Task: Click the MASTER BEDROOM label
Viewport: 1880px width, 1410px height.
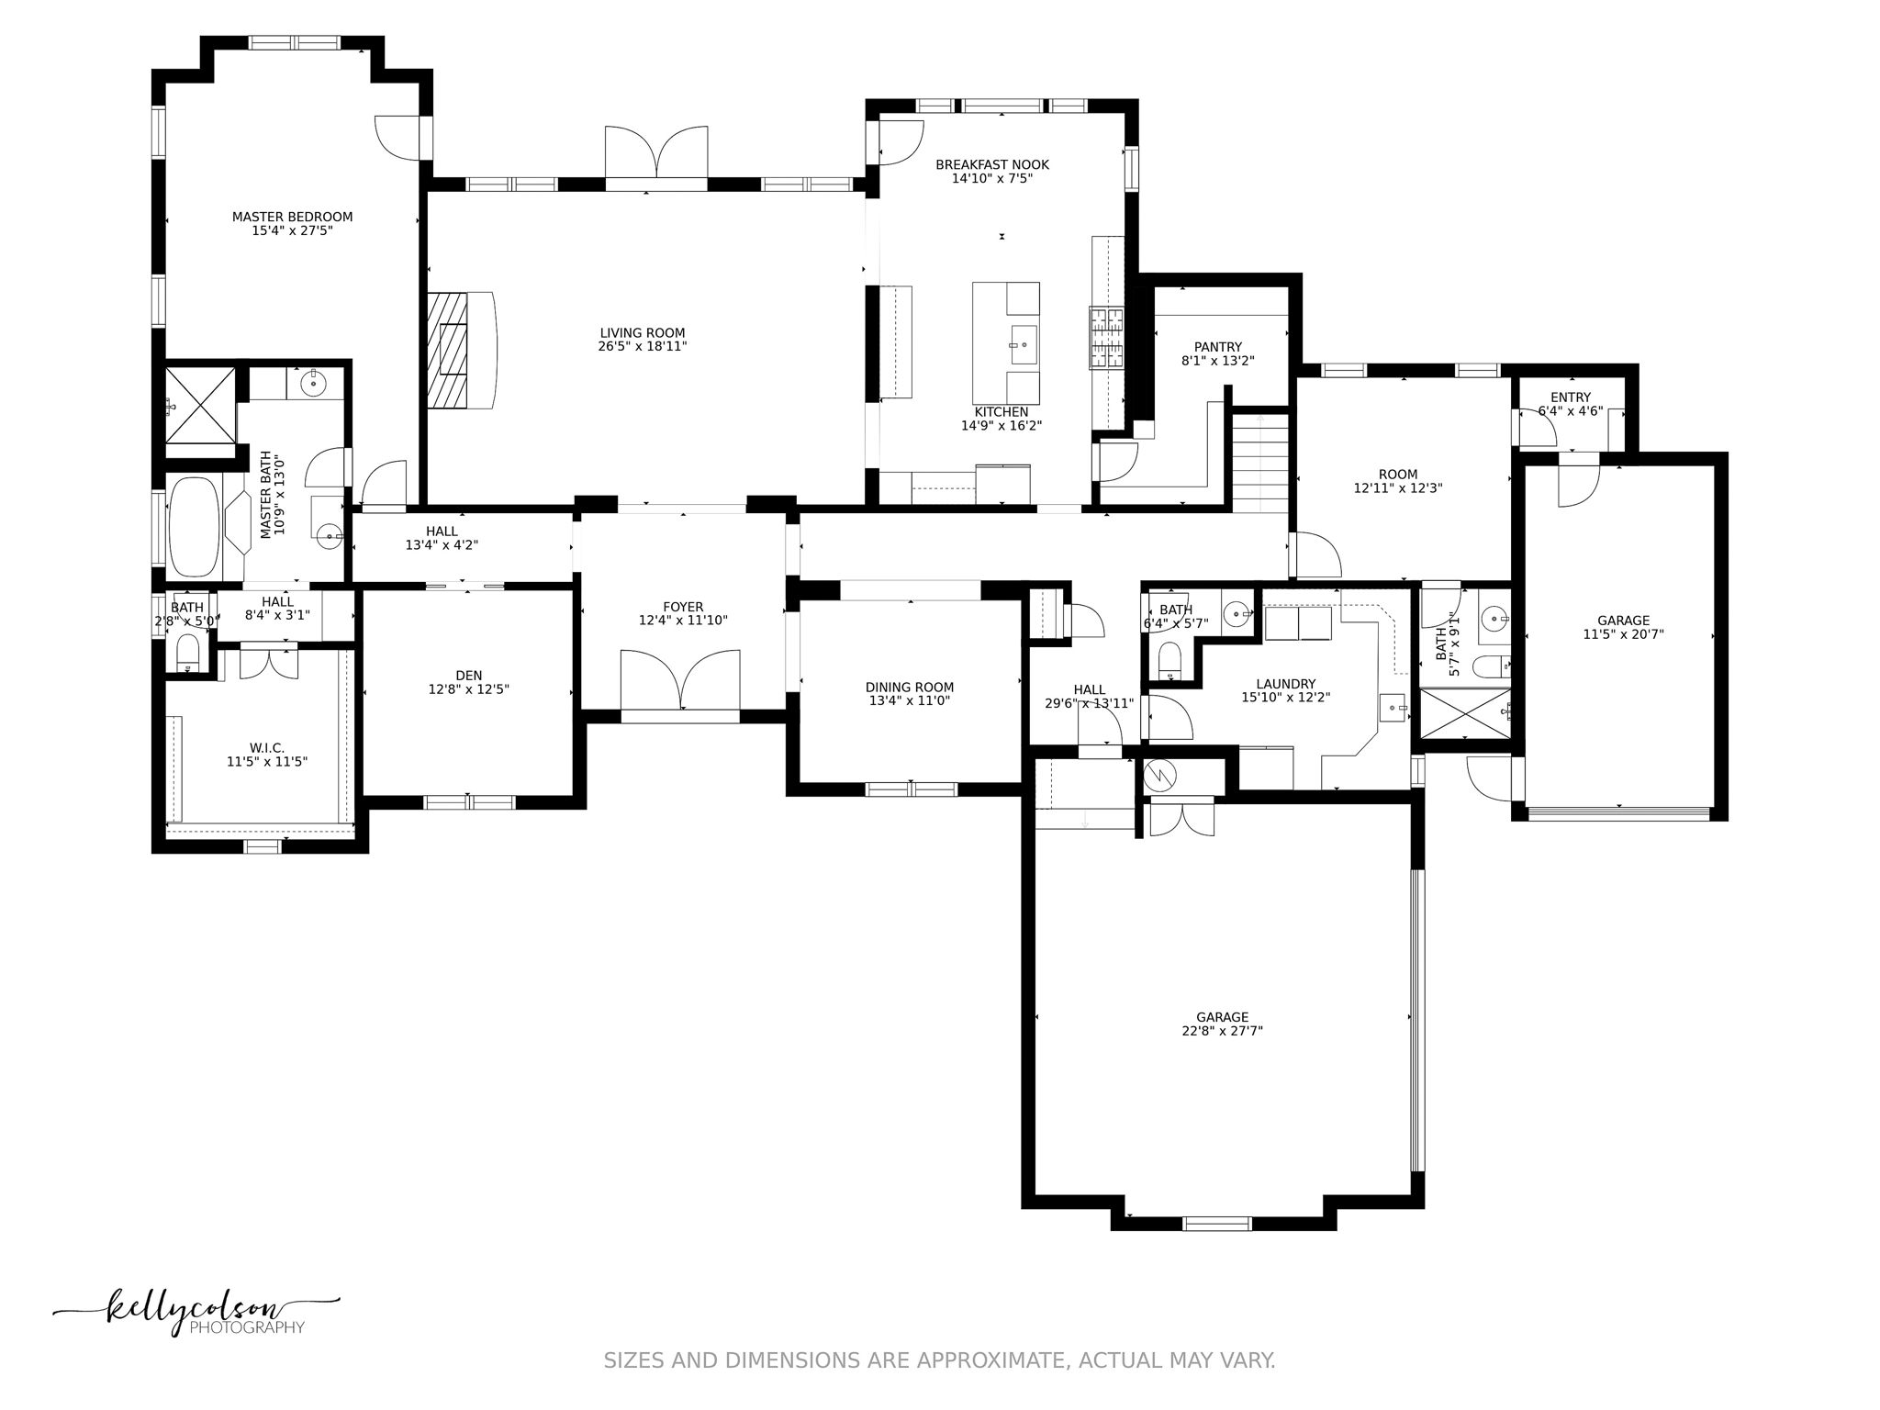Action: (292, 217)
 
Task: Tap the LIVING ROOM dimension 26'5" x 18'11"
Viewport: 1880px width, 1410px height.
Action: (642, 347)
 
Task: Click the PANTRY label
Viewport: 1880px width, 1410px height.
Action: (1217, 347)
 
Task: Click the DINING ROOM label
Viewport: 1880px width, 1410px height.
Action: (909, 687)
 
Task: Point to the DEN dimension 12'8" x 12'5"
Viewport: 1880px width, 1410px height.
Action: (468, 689)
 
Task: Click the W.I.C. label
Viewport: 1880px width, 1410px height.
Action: (266, 748)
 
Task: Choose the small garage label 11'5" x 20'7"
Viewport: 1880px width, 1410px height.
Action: (1622, 634)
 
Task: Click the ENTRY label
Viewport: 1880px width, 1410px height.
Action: (1570, 397)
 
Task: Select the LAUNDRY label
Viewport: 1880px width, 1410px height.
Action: (1285, 684)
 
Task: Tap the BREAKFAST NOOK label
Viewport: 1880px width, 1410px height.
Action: (991, 165)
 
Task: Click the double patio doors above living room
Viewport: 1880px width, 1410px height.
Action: (655, 156)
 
